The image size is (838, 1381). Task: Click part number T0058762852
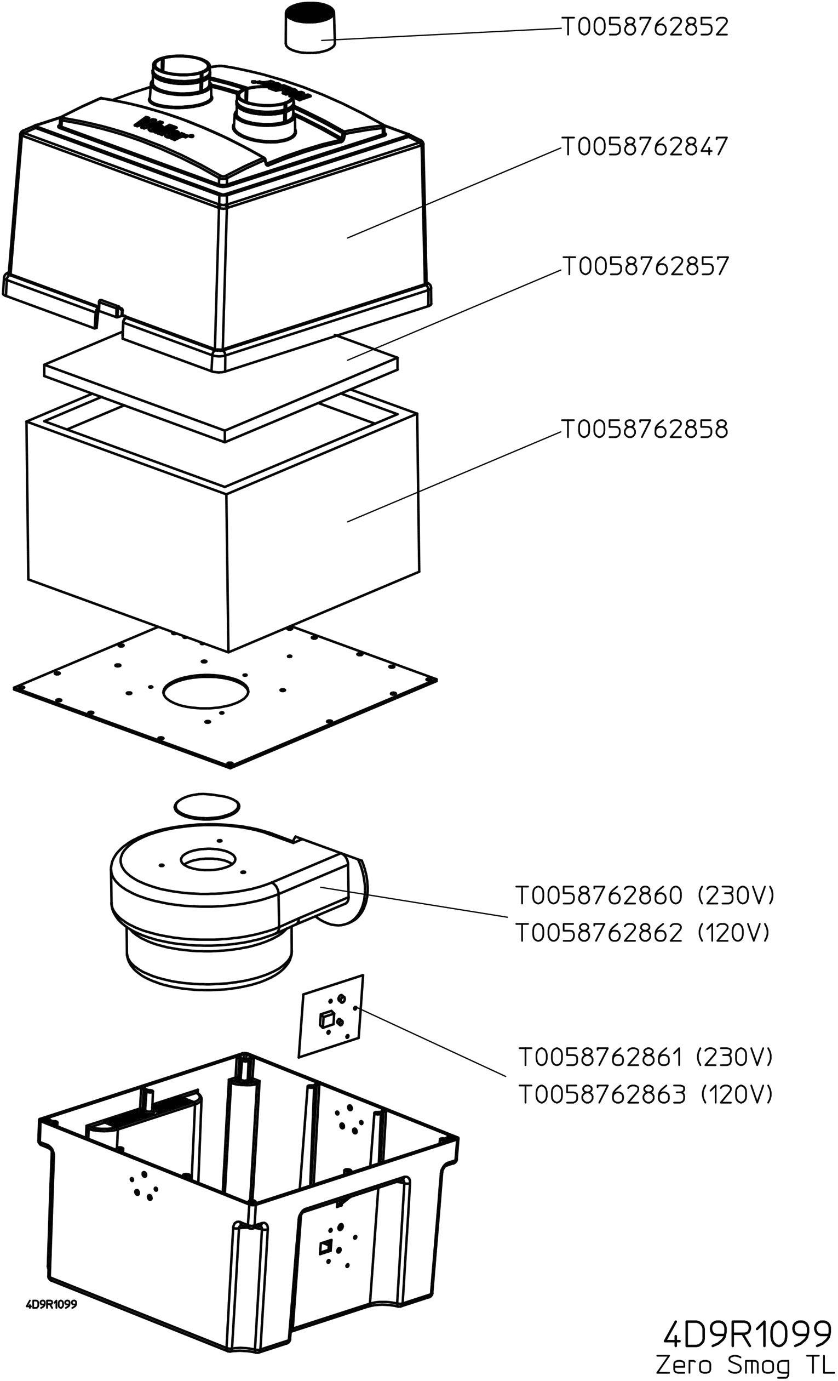point(645,27)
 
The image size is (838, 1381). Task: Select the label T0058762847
point(645,147)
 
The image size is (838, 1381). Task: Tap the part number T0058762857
point(645,266)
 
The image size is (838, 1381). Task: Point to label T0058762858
point(645,429)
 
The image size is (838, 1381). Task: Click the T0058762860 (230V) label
point(644,895)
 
